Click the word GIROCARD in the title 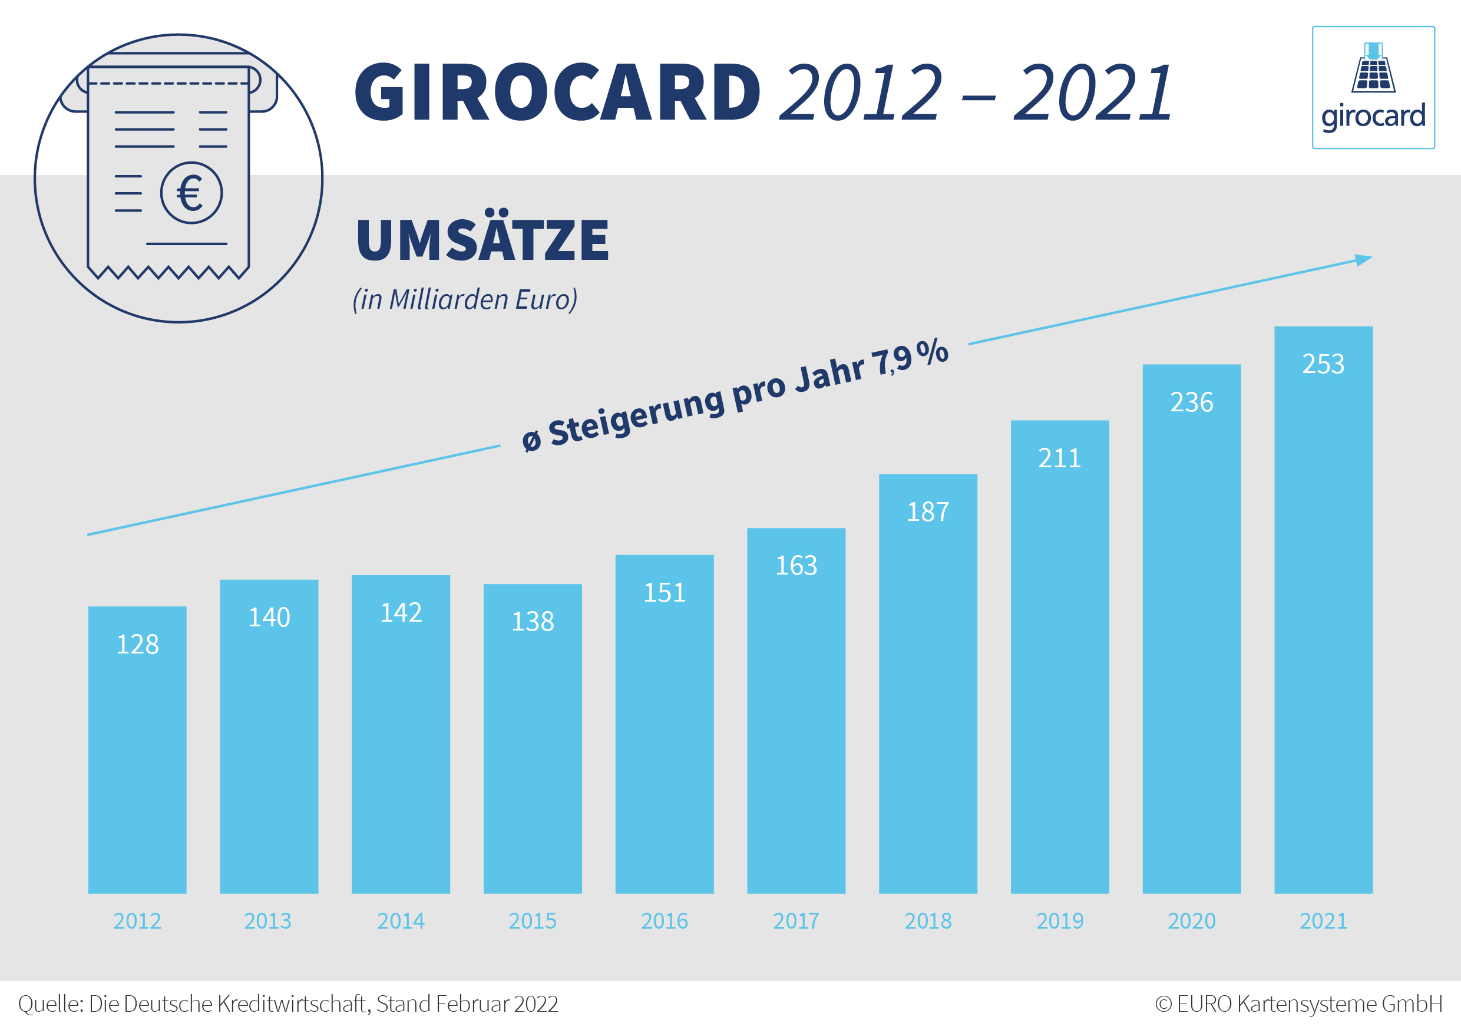pos(557,93)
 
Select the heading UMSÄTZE pos(482,240)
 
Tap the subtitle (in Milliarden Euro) pos(465,299)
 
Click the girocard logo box pos(1373,87)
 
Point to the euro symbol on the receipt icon pos(191,193)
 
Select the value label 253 pos(1323,364)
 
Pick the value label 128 pos(137,644)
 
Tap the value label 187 pos(928,512)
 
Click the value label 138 pos(533,621)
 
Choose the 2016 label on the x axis pos(665,921)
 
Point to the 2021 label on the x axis pos(1323,921)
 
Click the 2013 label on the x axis pos(268,921)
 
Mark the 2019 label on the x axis pos(1059,921)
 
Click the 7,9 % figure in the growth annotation pos(910,358)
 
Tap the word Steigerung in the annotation pos(636,417)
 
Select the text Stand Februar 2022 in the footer pos(467,1004)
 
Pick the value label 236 pos(1191,402)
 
